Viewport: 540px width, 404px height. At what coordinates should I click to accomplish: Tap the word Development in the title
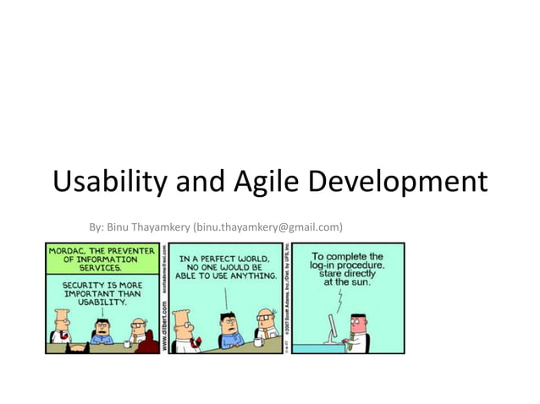(x=398, y=182)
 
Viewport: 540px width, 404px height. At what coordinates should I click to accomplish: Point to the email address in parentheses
(x=267, y=227)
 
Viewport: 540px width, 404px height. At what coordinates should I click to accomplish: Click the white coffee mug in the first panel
(x=124, y=342)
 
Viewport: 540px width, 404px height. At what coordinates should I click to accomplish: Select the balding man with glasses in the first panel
(x=139, y=331)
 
